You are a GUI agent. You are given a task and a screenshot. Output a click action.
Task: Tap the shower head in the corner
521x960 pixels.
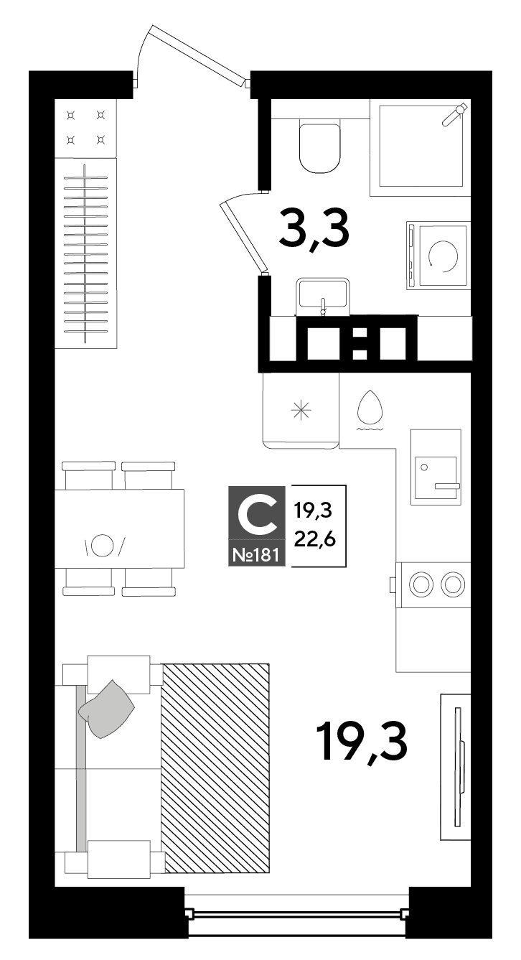(x=454, y=114)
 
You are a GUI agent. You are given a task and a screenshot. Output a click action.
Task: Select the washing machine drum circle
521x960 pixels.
(x=443, y=256)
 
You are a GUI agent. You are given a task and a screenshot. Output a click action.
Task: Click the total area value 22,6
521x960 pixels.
(x=314, y=537)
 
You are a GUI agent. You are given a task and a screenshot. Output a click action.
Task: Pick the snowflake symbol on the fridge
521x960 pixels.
(x=301, y=410)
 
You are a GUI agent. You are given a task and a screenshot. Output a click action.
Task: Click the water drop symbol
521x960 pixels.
(x=370, y=405)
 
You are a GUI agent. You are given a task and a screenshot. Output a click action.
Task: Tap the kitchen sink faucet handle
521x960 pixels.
(x=447, y=485)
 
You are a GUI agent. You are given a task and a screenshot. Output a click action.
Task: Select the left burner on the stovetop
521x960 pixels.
(x=421, y=584)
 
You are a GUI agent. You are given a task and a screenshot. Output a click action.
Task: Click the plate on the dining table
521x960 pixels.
(x=102, y=546)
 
